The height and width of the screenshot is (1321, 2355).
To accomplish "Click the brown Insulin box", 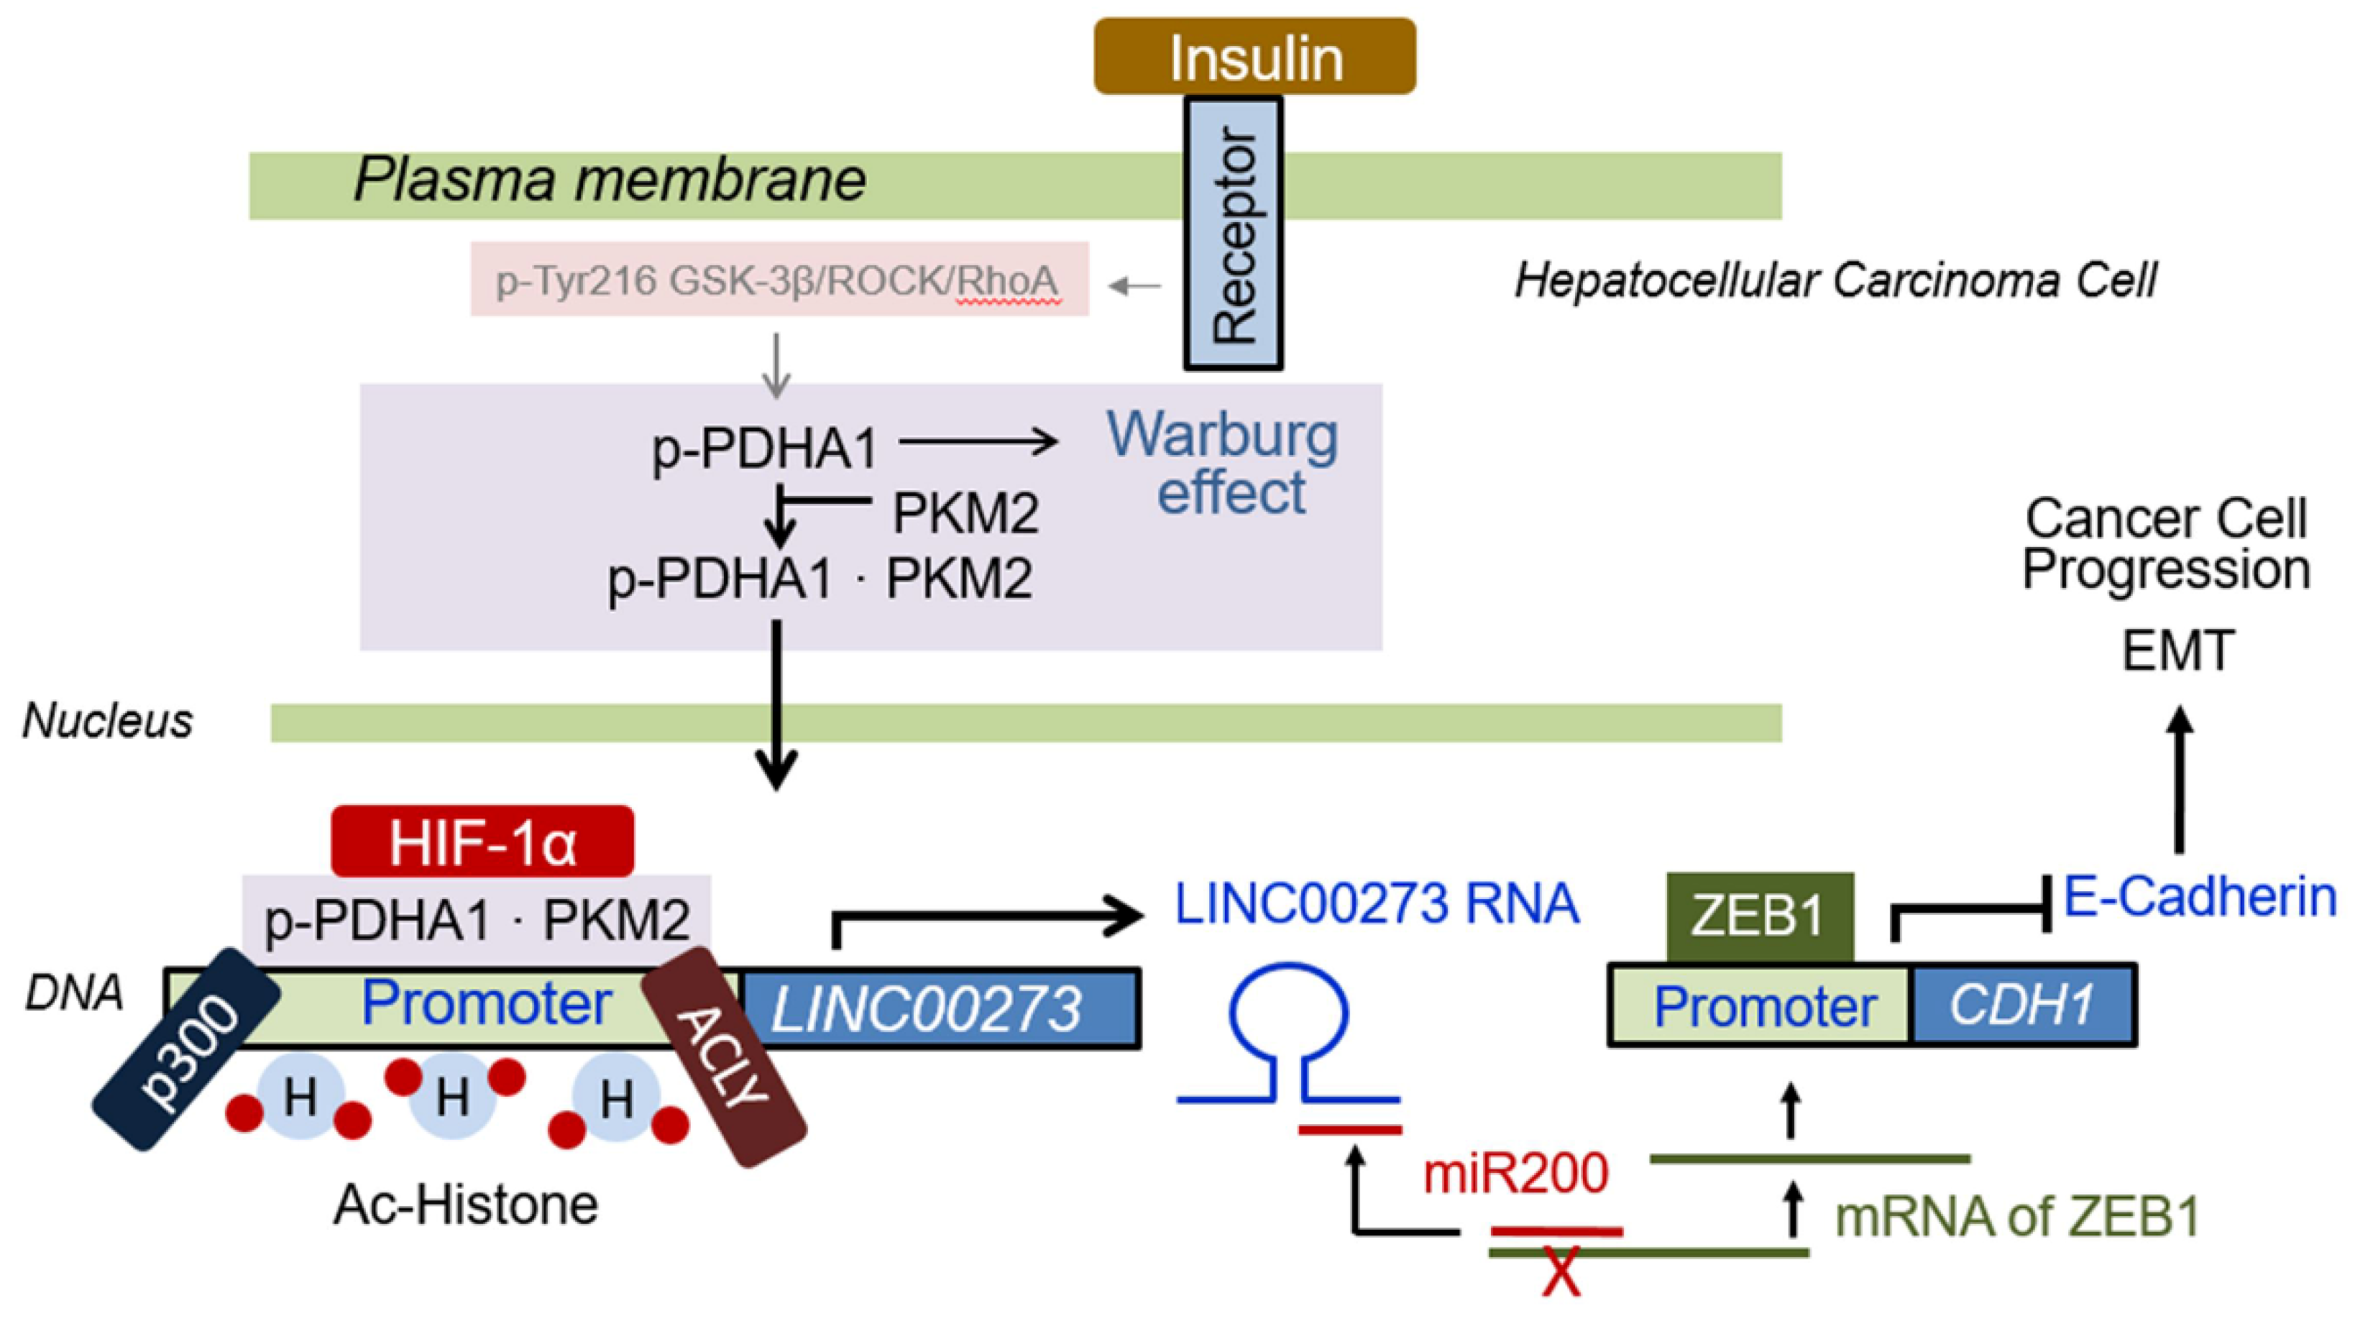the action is click(x=1254, y=56).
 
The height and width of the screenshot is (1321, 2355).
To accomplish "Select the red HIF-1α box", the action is click(x=482, y=841).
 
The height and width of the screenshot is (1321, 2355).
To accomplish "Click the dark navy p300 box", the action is click(x=186, y=1049).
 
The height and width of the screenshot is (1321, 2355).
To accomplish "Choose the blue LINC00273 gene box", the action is click(x=940, y=1008).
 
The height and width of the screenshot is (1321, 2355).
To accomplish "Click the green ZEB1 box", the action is click(x=1760, y=917).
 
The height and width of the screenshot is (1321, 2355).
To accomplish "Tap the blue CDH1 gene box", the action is click(x=2023, y=1005).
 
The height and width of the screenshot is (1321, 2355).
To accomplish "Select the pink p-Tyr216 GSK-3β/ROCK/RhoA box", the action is click(x=780, y=279).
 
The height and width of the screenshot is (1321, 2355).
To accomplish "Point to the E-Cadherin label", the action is click(x=2200, y=898).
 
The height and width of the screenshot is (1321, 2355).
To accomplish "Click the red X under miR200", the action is click(x=1561, y=1273).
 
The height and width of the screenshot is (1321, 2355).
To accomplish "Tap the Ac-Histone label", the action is click(x=467, y=1205).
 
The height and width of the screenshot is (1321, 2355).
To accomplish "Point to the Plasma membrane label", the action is click(x=610, y=179).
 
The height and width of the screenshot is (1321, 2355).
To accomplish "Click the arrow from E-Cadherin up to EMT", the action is click(x=2181, y=779).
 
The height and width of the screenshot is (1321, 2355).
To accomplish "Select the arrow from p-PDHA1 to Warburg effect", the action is click(x=979, y=443).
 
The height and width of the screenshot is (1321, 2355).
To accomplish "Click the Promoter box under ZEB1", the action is click(x=1760, y=1005).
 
